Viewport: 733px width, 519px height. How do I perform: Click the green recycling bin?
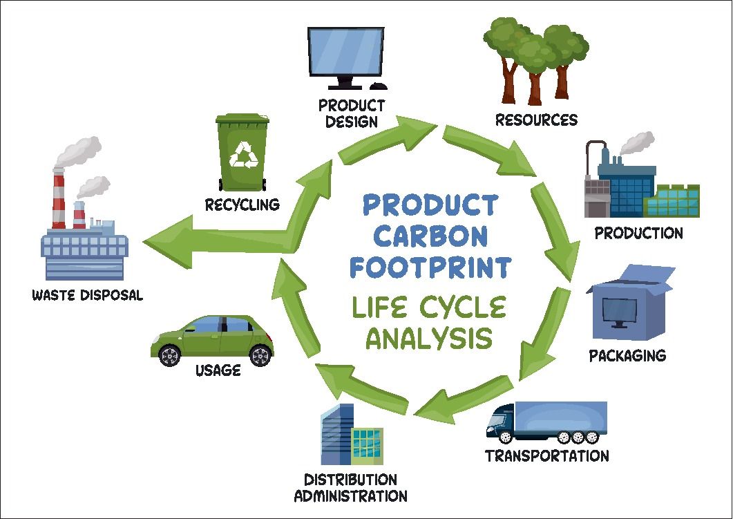[x=241, y=153]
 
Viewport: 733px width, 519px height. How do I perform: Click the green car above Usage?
[x=212, y=339]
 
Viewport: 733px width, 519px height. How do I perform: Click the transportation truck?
[x=546, y=422]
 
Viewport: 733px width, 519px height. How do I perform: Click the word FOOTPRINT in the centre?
[x=430, y=266]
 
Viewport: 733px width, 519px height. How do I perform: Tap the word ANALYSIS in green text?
[x=429, y=339]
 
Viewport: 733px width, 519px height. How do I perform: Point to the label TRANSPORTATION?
[x=546, y=456]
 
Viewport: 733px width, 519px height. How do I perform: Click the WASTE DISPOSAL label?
[x=87, y=295]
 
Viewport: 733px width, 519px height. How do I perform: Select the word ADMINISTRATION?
[x=350, y=496]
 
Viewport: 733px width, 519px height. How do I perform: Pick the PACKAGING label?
[x=627, y=356]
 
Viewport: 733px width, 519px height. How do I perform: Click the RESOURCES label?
[x=536, y=120]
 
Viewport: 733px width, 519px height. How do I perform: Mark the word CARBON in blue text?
[x=430, y=236]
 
